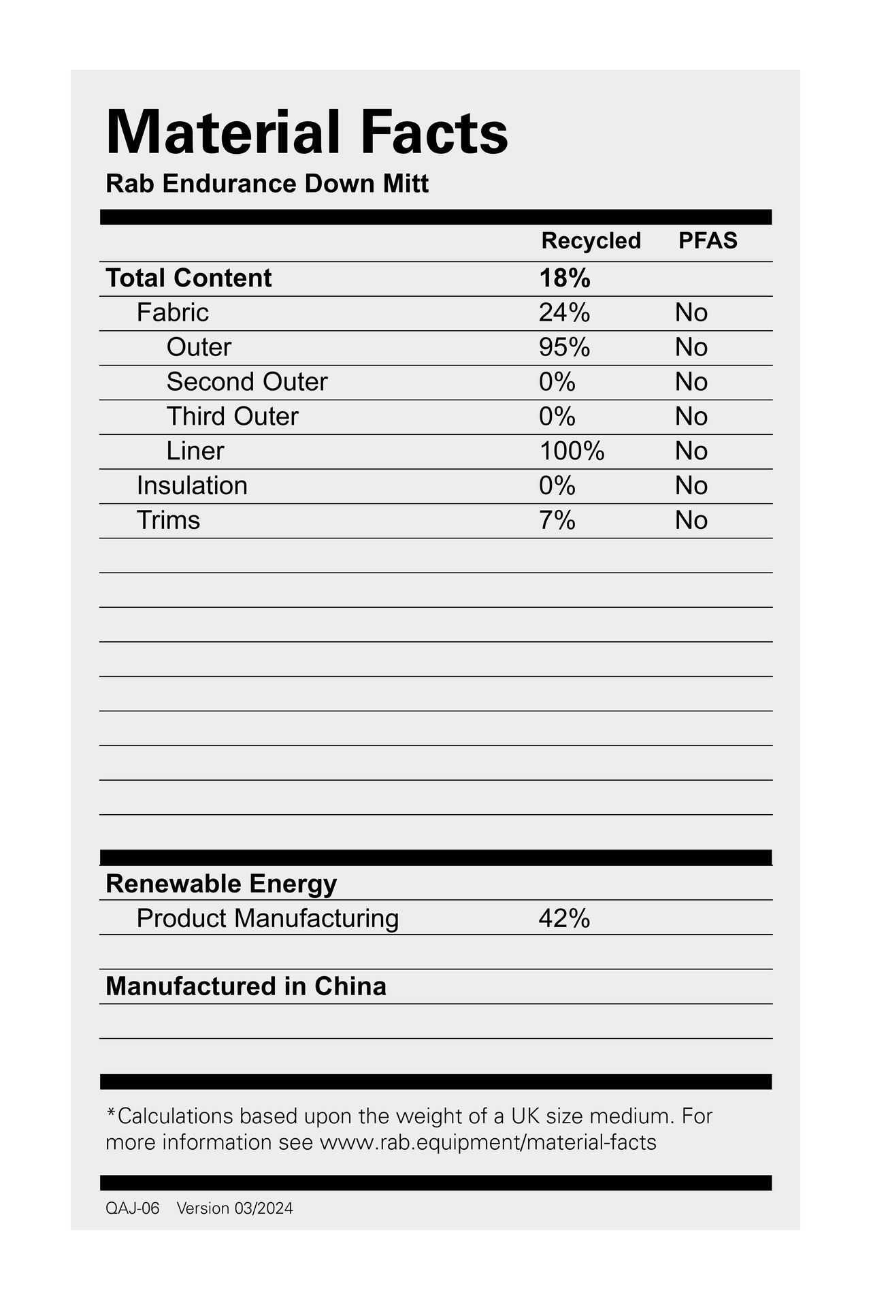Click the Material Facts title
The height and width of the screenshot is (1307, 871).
pyautogui.click(x=307, y=132)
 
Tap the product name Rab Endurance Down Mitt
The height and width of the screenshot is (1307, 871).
pyautogui.click(x=267, y=184)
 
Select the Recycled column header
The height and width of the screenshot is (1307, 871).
pyautogui.click(x=591, y=241)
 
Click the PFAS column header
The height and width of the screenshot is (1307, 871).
pyautogui.click(x=708, y=241)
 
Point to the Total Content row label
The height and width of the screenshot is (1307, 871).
pyautogui.click(x=188, y=278)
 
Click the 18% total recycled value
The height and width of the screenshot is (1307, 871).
pyautogui.click(x=564, y=278)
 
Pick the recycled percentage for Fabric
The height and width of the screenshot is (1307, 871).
pyautogui.click(x=564, y=313)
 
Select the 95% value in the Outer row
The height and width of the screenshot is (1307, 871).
pyautogui.click(x=564, y=348)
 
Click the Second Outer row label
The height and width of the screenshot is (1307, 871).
pyautogui.click(x=246, y=382)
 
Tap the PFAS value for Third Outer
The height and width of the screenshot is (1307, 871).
pyautogui.click(x=691, y=417)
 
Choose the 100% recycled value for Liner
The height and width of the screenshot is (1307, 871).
pyautogui.click(x=572, y=451)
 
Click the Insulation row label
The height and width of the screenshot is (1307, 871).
pyautogui.click(x=192, y=486)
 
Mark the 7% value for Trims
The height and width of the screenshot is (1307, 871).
pyautogui.click(x=557, y=521)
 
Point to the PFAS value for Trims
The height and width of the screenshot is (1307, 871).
pyautogui.click(x=691, y=521)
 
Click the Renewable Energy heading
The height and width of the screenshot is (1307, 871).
pyautogui.click(x=221, y=884)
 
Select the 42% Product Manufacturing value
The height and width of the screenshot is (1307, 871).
pyautogui.click(x=564, y=919)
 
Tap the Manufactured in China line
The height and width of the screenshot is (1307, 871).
pyautogui.click(x=246, y=986)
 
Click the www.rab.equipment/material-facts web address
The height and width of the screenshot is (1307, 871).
pyautogui.click(x=488, y=1142)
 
